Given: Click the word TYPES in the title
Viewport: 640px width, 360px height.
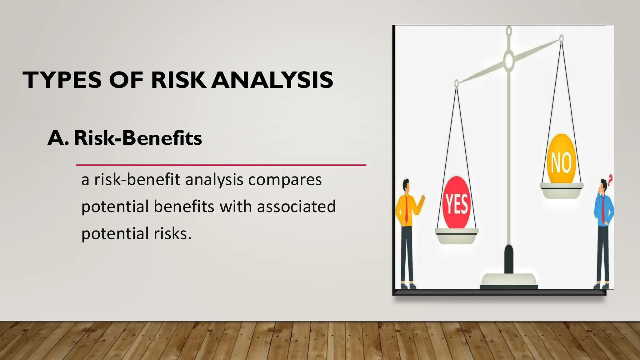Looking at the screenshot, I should [62, 80].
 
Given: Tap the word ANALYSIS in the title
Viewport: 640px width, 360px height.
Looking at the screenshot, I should [272, 80].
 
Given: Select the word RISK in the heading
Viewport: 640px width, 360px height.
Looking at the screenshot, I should [179, 80].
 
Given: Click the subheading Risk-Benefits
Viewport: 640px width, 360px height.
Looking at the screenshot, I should [138, 138].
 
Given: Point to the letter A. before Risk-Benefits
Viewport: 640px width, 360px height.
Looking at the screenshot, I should [58, 138].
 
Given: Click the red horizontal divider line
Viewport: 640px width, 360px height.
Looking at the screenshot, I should [221, 165].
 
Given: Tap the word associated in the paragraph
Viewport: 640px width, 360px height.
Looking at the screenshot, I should [296, 207].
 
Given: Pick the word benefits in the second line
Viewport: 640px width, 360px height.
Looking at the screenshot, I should [184, 207].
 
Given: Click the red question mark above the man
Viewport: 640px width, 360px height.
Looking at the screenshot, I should [610, 179].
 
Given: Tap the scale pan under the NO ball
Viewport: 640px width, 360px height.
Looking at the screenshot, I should [561, 190].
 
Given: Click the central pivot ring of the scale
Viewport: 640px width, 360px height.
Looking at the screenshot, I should [509, 60].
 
